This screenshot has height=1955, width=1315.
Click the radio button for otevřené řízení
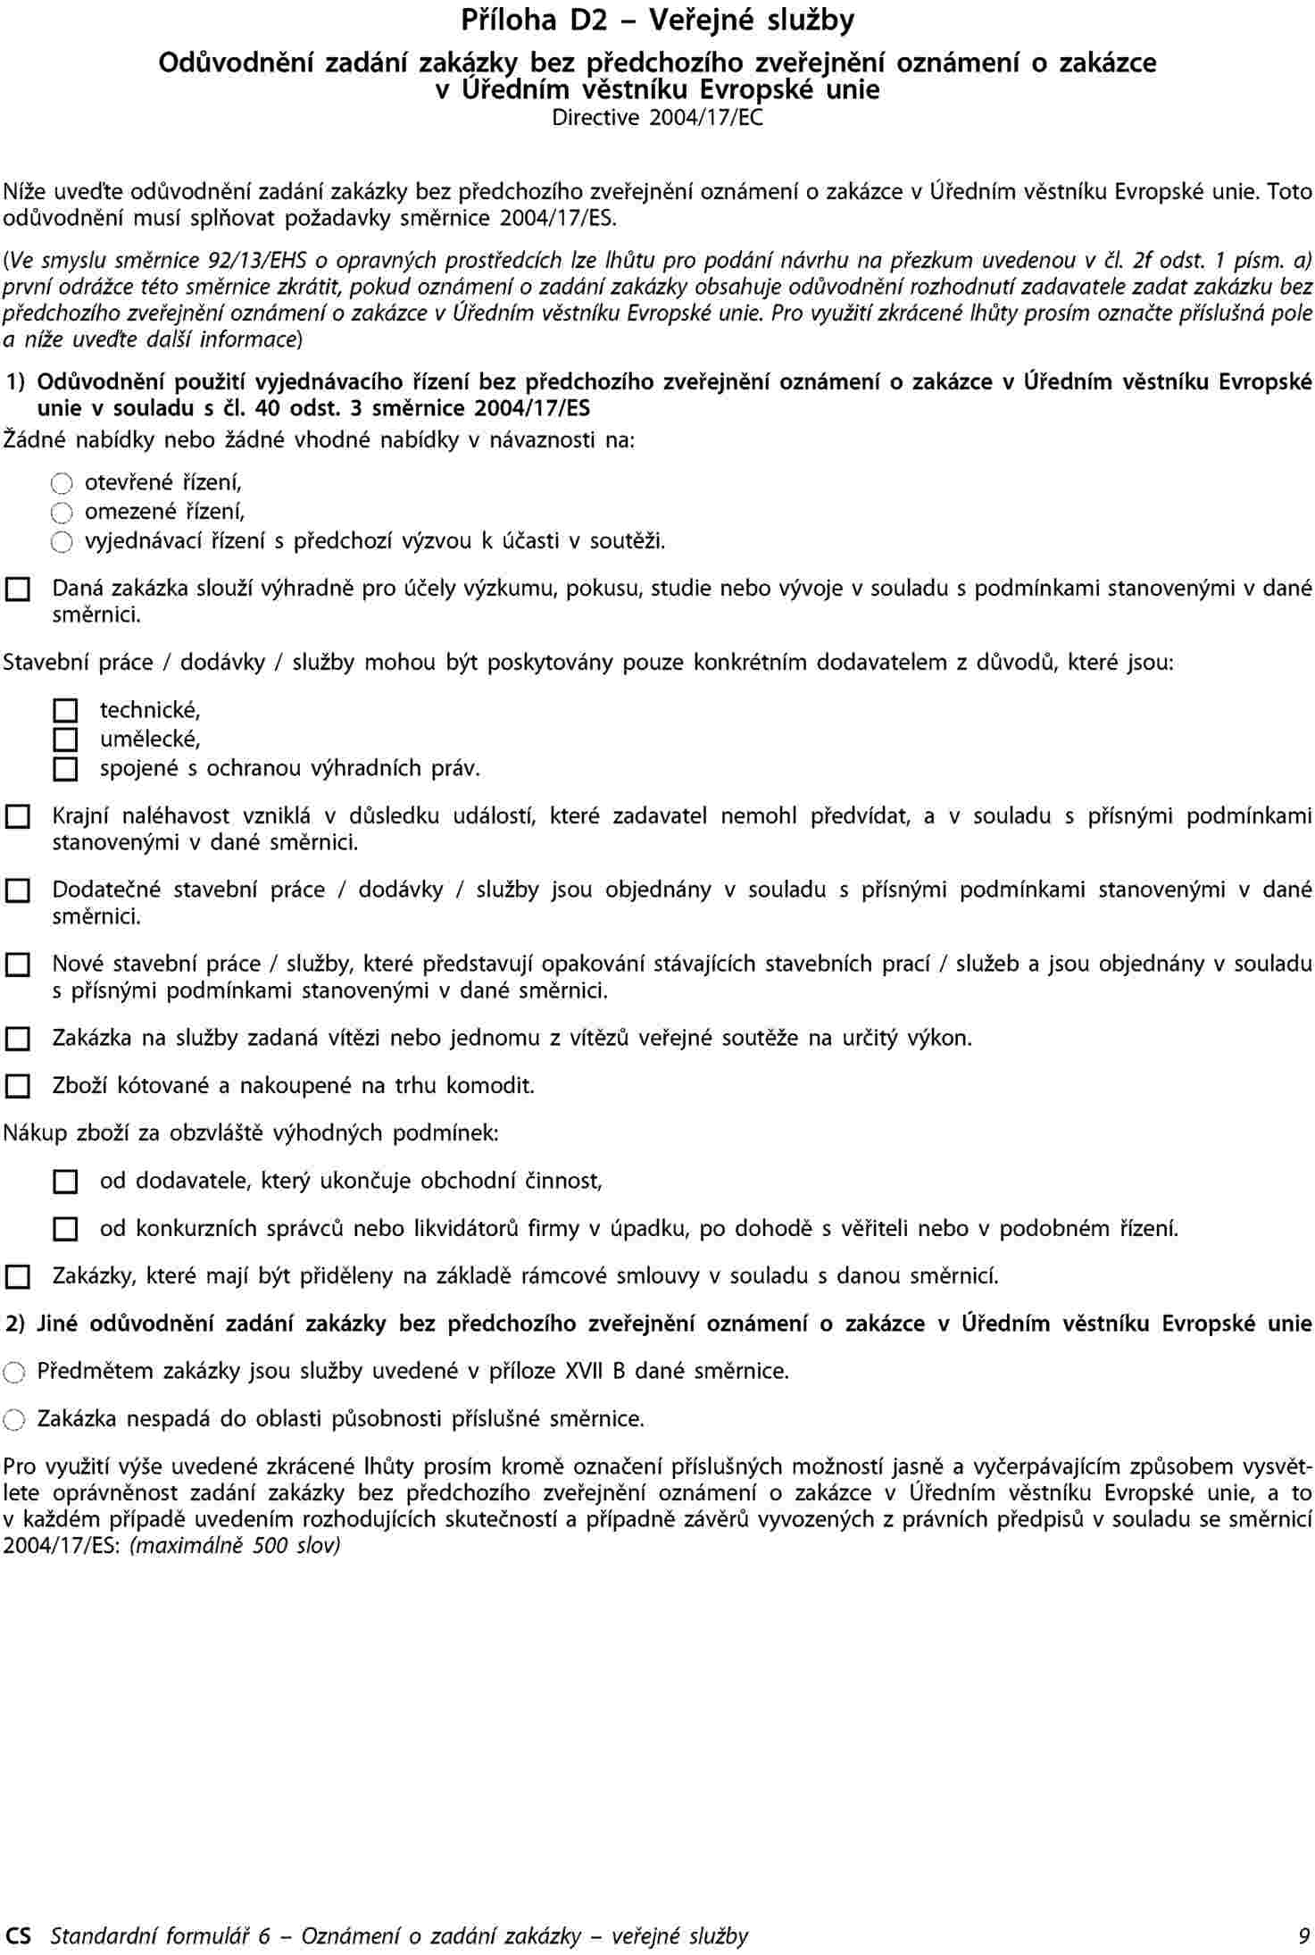pos(61,484)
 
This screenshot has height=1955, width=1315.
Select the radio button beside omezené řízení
pos(61,513)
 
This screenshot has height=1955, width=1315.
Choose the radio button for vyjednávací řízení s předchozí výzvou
pos(61,542)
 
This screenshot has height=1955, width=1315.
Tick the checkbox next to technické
pos(65,711)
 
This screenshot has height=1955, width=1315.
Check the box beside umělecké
pos(65,739)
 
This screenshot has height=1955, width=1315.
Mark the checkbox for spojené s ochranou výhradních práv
pos(65,769)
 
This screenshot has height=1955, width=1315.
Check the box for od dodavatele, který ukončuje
pos(65,1182)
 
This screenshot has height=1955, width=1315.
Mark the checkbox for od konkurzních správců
pos(65,1230)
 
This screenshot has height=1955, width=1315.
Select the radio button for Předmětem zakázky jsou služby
pos(14,1372)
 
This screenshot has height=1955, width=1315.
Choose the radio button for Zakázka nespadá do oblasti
pos(14,1419)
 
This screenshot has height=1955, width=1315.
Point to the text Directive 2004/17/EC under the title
pos(657,117)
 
